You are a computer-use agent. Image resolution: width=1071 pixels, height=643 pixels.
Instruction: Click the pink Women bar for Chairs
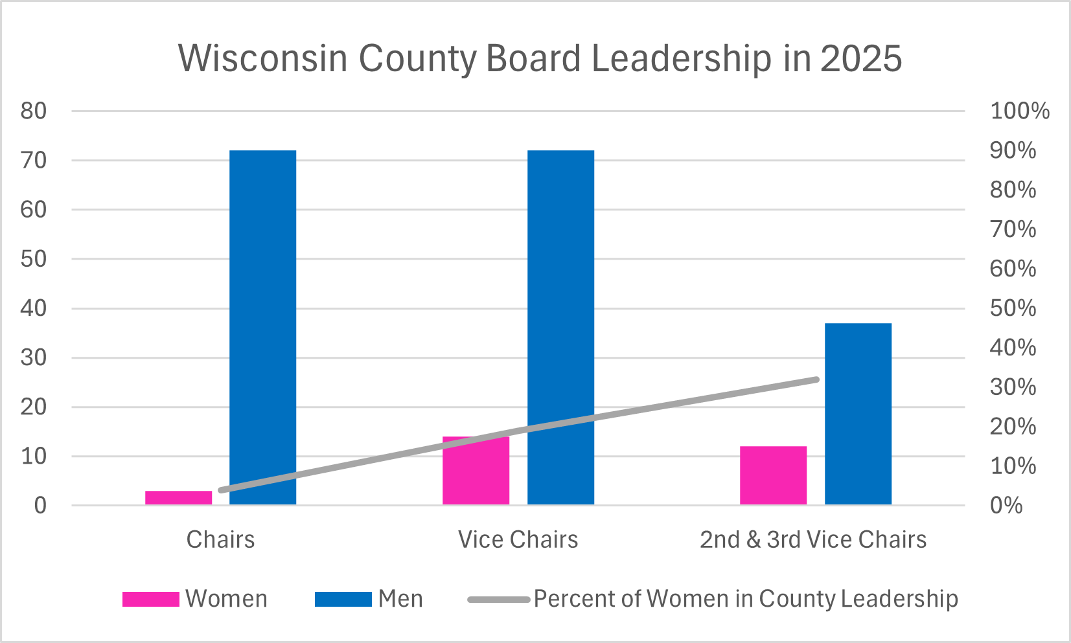178,497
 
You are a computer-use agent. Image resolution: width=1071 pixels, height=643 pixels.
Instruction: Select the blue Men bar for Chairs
262,327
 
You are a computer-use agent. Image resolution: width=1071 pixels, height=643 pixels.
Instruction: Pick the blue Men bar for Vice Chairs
560,327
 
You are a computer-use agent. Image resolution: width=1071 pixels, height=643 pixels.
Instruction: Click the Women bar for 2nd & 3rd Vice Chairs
773,475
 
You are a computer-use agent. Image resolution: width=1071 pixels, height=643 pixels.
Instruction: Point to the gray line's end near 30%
816,379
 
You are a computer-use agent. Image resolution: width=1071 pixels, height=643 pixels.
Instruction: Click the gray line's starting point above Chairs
222,490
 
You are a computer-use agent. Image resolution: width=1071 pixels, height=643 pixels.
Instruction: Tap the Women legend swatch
150,599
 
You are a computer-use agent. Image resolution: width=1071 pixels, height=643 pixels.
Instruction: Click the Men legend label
400,599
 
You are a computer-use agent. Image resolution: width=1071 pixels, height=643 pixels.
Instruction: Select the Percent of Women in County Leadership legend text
745,599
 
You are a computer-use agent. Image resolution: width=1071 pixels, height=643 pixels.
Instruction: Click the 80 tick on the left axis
34,111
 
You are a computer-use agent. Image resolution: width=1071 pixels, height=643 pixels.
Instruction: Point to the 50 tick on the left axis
34,259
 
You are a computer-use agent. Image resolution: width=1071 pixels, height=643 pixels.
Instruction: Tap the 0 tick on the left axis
40,505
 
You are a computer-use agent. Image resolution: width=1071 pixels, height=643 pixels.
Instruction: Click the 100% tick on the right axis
1019,111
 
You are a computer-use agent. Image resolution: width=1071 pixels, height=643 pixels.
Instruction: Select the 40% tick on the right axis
1013,348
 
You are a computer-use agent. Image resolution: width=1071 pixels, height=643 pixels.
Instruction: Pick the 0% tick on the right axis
1006,505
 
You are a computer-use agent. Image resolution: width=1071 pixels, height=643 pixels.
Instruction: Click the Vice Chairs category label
518,539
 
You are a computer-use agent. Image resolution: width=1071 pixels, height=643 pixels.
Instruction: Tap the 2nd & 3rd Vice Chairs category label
813,539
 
